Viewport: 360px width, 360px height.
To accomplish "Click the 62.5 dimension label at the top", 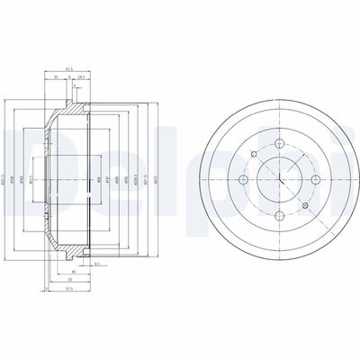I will click(x=69, y=68).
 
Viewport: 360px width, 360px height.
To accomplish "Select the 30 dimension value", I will click(x=55, y=76).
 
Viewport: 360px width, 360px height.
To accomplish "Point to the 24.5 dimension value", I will click(x=82, y=76).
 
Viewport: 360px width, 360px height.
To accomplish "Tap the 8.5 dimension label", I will click(x=94, y=263).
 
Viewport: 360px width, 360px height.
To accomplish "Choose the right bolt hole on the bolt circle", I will click(x=314, y=180).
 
